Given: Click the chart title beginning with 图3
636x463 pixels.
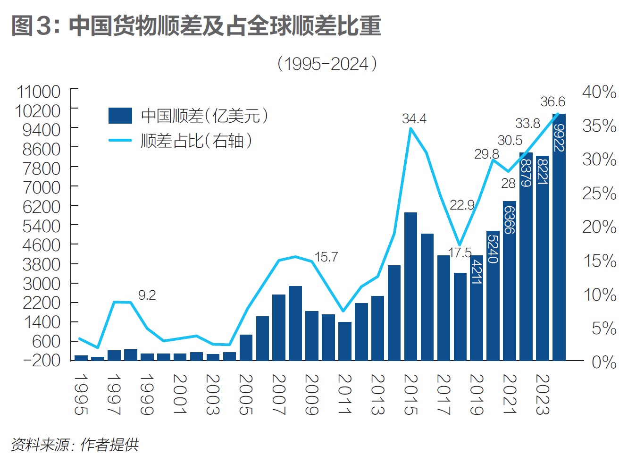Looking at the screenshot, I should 196,25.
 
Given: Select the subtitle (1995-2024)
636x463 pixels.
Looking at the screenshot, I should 327,64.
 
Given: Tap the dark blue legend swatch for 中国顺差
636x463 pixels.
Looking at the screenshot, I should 120,116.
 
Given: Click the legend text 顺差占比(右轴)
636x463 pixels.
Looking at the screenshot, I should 196,140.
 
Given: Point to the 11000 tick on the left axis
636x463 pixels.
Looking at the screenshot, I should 39,92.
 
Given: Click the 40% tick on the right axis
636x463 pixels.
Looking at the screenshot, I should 599,92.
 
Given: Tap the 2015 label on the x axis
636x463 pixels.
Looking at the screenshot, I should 411,394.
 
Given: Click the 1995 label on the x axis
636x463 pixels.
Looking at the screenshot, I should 81,394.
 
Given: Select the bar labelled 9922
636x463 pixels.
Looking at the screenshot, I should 559,236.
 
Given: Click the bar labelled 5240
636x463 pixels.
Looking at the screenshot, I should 493,295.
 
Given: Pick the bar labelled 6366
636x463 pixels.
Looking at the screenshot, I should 509,281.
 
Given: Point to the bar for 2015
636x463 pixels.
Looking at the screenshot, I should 410,286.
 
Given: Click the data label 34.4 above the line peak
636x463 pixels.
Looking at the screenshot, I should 414,118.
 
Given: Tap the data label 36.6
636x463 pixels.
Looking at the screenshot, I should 552,101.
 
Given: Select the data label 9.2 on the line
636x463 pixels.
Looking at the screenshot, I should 147,295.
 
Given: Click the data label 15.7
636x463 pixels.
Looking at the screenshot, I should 326,257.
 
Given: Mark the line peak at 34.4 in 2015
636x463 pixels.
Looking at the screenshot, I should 411,128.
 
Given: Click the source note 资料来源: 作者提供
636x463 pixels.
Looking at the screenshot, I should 75,445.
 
